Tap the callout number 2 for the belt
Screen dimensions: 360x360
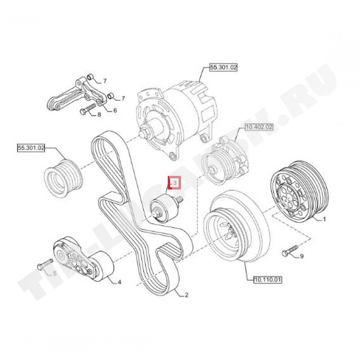coord(186,295)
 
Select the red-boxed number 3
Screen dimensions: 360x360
coord(174,183)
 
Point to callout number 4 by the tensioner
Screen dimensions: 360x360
coord(119,283)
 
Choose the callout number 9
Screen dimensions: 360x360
coord(302,256)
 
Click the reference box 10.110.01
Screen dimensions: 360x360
coord(265,279)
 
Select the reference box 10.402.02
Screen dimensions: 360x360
coord(258,127)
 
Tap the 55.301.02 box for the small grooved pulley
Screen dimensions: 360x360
coord(31,147)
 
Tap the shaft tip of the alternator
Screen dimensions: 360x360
coord(143,133)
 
